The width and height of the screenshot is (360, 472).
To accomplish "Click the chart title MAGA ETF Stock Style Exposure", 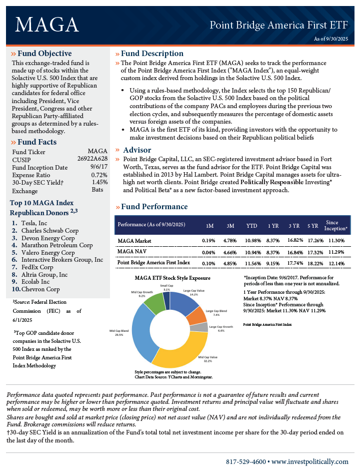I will pos(172,278).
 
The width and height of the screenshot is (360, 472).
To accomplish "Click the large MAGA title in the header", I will pos(47,24).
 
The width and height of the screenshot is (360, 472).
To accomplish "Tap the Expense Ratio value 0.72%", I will pos(99,175).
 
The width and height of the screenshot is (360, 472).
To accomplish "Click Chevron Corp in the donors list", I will pos(40,289).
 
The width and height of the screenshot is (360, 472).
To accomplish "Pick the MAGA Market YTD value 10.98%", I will pos(252,241).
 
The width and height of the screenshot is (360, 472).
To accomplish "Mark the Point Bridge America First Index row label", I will pos(153,262).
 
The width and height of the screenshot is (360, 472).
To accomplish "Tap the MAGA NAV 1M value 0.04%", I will pos(208,252).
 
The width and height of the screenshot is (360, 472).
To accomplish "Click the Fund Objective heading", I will pos(44,54).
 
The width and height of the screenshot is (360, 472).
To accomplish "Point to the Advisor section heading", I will pos(137,150).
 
